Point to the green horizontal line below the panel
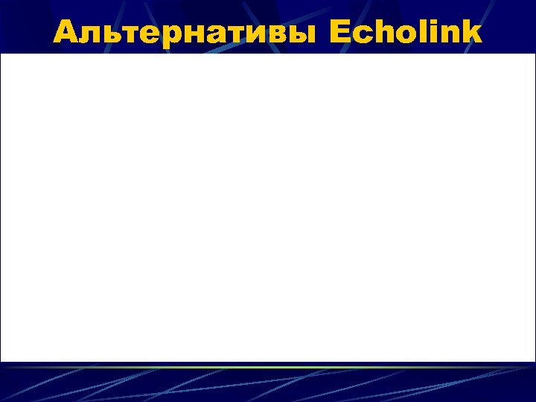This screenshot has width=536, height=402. pos(268,368)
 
